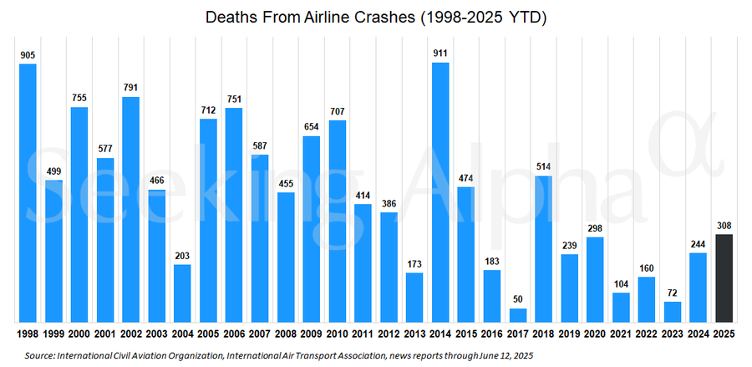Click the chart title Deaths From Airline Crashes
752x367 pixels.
tap(375, 17)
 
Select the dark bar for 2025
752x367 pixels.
tap(725, 278)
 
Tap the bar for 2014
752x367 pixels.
tap(440, 192)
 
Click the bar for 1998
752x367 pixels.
tap(28, 193)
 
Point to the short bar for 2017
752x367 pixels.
tap(518, 315)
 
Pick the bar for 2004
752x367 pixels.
tap(182, 293)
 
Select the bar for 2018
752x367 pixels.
tap(544, 249)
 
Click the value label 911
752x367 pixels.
tap(440, 54)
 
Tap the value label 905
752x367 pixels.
tap(28, 55)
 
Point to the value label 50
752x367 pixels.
tap(518, 299)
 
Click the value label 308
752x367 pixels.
tap(725, 226)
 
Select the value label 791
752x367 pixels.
tap(131, 88)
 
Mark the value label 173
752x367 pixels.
tap(414, 264)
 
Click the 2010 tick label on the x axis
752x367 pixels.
tap(338, 334)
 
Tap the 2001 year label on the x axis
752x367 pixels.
tap(105, 334)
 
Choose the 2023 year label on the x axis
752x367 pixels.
tap(673, 334)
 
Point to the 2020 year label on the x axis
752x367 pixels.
tap(596, 334)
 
